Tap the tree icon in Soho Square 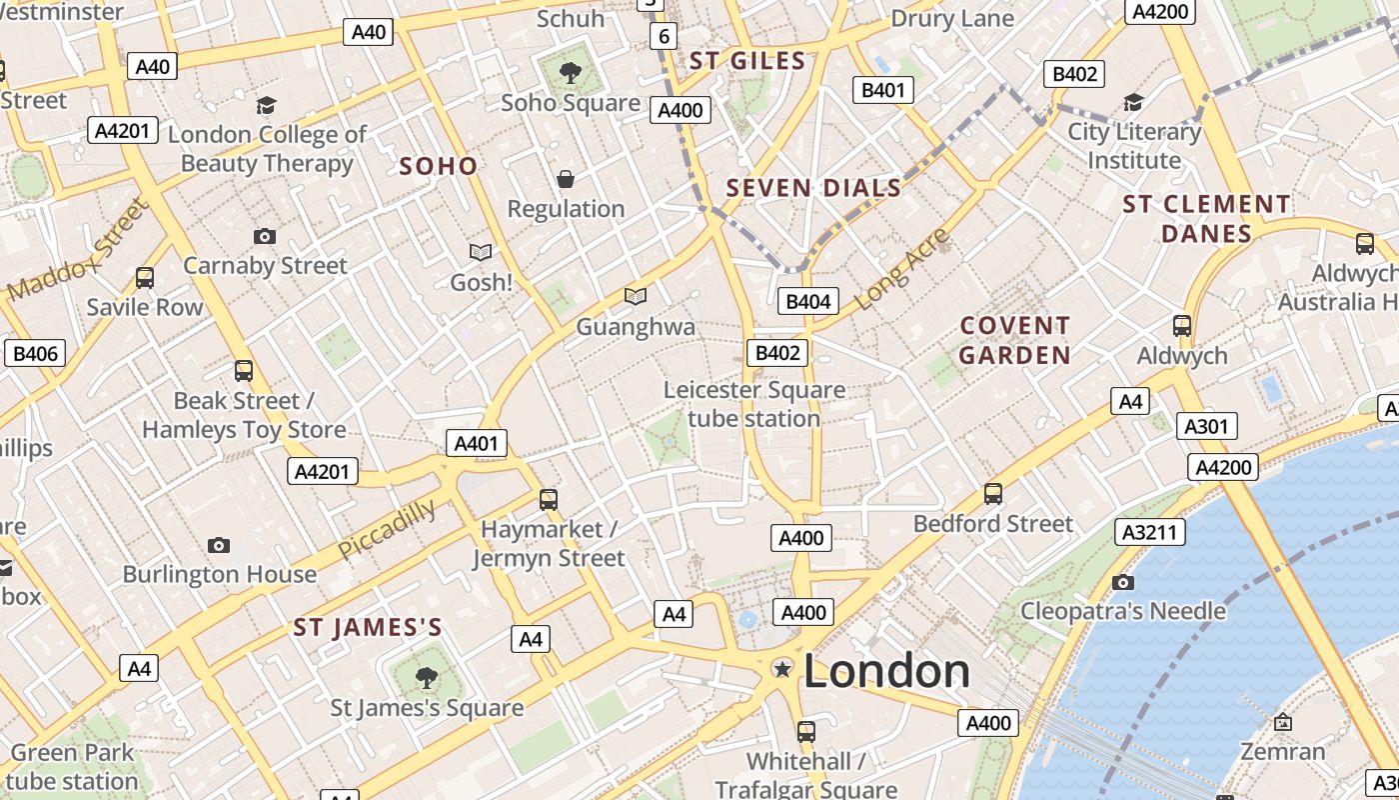(x=570, y=72)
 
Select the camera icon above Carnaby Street (x=265, y=236)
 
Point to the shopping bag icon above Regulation (x=566, y=179)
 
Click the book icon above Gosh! (x=481, y=252)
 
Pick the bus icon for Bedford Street (x=993, y=493)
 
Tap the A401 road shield (x=476, y=444)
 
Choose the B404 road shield (x=807, y=301)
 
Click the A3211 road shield (x=1149, y=532)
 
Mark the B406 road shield (x=35, y=353)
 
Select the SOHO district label (x=439, y=166)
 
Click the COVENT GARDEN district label (x=1015, y=340)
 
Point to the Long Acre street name (x=902, y=267)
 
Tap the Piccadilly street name (x=387, y=529)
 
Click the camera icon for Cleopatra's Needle (x=1123, y=582)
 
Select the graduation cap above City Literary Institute (x=1133, y=102)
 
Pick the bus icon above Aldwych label (x=1182, y=325)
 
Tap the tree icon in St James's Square (x=427, y=678)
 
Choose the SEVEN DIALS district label (x=813, y=188)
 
